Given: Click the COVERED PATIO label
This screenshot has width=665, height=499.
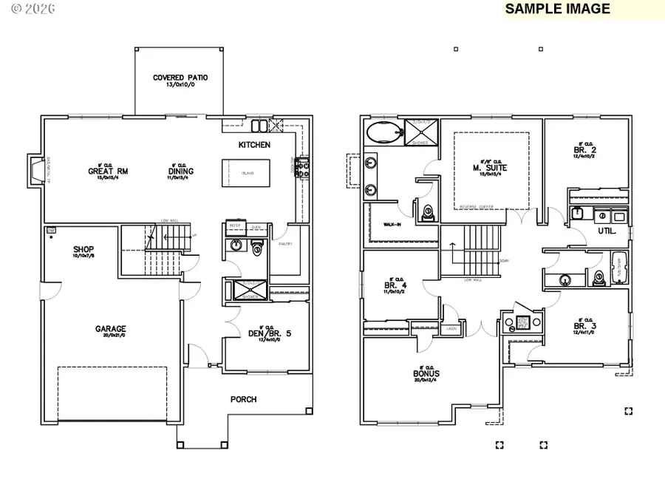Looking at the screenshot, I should [x=180, y=78].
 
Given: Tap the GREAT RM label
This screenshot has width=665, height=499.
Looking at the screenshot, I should [x=108, y=171].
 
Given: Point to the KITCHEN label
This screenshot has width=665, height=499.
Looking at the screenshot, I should [x=254, y=145].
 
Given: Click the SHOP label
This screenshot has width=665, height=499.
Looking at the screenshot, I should [x=83, y=249].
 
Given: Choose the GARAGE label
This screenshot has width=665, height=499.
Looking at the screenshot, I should [x=110, y=329].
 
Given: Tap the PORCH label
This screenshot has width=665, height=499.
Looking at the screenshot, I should [x=243, y=399].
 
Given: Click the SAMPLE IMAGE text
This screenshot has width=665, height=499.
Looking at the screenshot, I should [x=557, y=9].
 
